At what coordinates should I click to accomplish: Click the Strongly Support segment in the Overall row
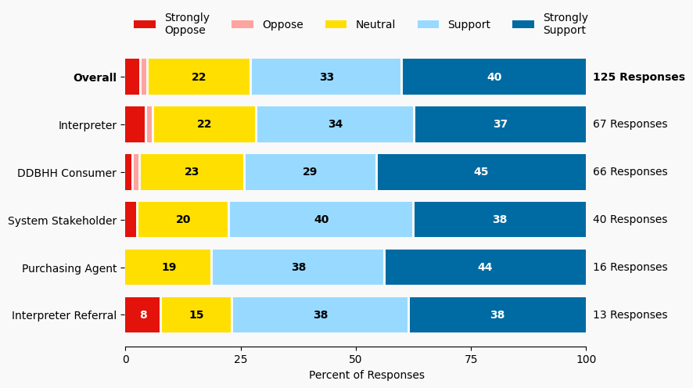pyautogui.click(x=494, y=77)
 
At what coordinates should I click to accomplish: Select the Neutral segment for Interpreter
pyautogui.click(x=204, y=124)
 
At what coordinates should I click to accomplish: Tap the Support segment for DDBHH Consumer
pyautogui.click(x=311, y=172)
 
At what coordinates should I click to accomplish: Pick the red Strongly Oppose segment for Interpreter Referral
pyautogui.click(x=143, y=315)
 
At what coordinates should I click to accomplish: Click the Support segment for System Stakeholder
pyautogui.click(x=321, y=220)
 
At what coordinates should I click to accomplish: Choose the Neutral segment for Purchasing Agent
pyautogui.click(x=168, y=268)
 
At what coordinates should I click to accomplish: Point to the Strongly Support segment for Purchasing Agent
pyautogui.click(x=485, y=268)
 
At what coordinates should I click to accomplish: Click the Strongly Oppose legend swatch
pyautogui.click(x=145, y=24)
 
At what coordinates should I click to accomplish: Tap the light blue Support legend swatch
pyautogui.click(x=428, y=24)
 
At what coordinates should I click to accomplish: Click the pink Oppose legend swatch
pyautogui.click(x=242, y=24)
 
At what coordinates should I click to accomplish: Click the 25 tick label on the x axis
pyautogui.click(x=240, y=359)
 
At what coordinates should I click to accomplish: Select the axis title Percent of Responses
pyautogui.click(x=366, y=375)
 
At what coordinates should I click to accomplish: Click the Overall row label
pyautogui.click(x=94, y=77)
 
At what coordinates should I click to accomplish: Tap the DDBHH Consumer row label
pyautogui.click(x=66, y=173)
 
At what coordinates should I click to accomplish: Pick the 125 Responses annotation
pyautogui.click(x=638, y=77)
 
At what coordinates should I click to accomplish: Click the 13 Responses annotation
pyautogui.click(x=630, y=315)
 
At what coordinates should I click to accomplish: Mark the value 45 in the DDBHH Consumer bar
pyautogui.click(x=481, y=172)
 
